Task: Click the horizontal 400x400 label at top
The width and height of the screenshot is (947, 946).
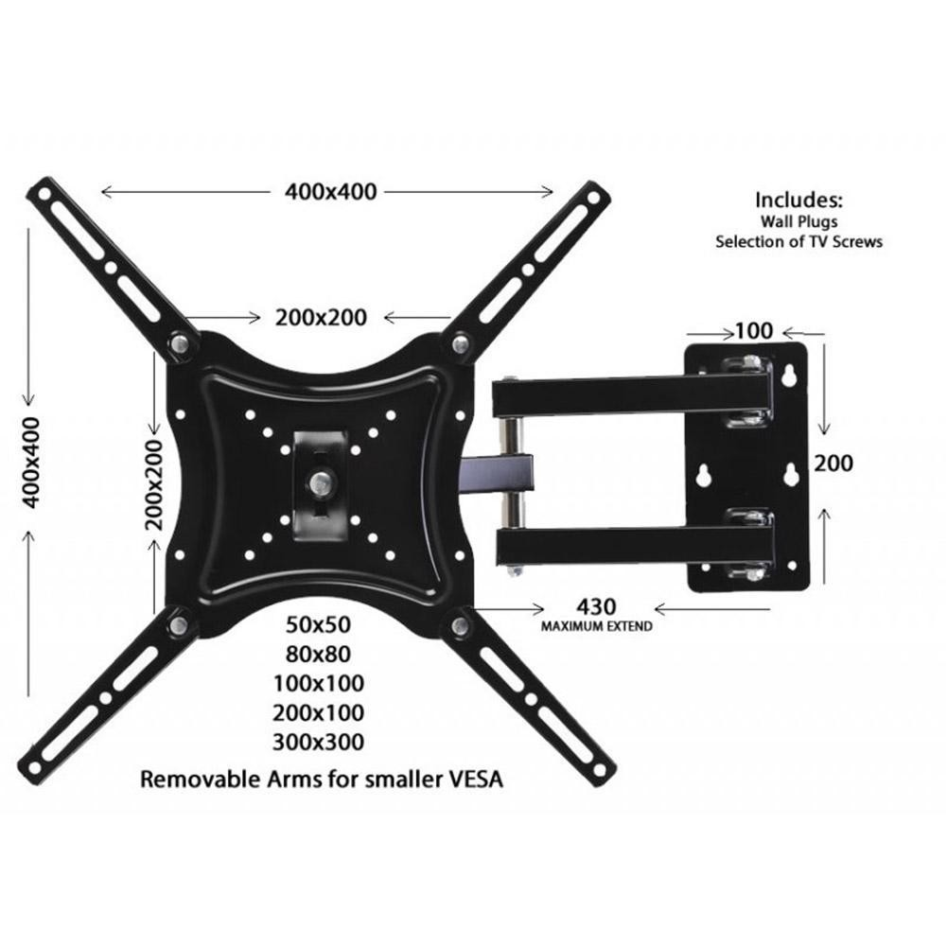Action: [x=330, y=191]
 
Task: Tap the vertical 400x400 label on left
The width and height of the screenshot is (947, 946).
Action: [x=33, y=462]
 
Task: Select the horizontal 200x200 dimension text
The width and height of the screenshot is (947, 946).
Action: [x=322, y=317]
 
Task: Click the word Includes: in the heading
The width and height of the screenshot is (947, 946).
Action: [x=798, y=201]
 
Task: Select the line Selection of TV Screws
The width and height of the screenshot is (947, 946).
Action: [x=798, y=241]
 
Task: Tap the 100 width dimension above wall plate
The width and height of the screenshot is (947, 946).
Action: [x=754, y=331]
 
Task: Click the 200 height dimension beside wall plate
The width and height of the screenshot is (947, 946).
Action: [x=833, y=463]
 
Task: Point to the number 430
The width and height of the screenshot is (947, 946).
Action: [x=596, y=606]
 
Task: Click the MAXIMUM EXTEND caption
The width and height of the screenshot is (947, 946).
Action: [x=596, y=626]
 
